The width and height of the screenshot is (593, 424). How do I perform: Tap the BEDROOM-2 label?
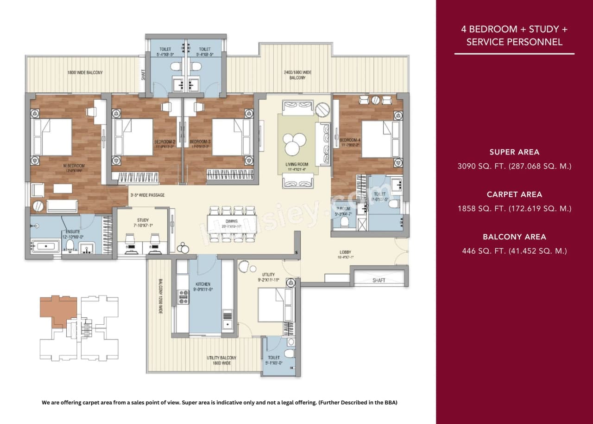click(164, 141)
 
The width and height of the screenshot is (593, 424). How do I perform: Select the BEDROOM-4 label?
click(350, 140)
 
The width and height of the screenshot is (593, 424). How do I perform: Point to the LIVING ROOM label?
click(297, 164)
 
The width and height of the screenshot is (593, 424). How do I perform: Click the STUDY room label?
click(142, 220)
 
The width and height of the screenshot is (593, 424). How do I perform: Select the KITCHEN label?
click(203, 284)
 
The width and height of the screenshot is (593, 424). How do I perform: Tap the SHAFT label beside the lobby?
click(379, 281)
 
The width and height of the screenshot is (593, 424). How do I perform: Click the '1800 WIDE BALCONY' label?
click(85, 73)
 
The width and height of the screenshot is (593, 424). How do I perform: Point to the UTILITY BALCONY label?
click(221, 358)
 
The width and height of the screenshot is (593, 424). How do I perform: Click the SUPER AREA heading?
click(514, 152)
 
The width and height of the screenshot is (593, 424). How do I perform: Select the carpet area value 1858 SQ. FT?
click(514, 209)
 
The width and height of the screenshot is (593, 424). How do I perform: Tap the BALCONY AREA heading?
click(514, 237)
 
